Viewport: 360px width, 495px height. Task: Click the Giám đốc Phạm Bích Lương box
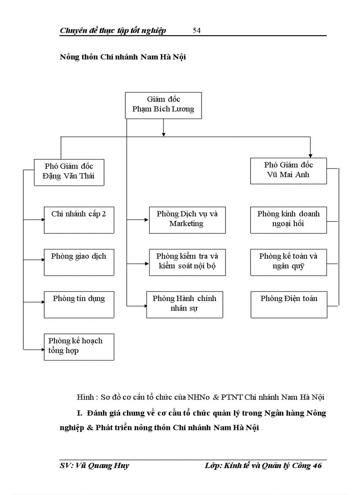click(163, 105)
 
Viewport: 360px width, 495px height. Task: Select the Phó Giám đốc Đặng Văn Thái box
click(69, 172)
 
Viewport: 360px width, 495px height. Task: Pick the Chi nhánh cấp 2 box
click(79, 220)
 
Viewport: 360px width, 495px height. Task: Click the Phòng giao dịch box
click(79, 262)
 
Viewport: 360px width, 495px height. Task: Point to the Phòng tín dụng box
click(79, 305)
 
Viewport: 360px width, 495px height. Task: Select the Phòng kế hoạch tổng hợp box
click(79, 347)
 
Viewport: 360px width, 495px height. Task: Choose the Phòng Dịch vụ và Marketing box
click(187, 220)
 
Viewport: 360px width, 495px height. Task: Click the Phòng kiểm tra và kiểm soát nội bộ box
click(187, 262)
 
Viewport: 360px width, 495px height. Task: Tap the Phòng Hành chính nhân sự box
click(185, 305)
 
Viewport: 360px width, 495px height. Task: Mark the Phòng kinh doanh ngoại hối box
click(289, 220)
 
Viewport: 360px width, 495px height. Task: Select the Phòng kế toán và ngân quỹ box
click(289, 262)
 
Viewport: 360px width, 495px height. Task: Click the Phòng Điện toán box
click(289, 305)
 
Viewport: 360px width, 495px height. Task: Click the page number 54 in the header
click(197, 30)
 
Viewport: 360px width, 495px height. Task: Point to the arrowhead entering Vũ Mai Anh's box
click(311, 155)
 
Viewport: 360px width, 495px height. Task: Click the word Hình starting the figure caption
click(85, 397)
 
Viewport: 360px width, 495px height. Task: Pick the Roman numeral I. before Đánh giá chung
click(79, 413)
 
